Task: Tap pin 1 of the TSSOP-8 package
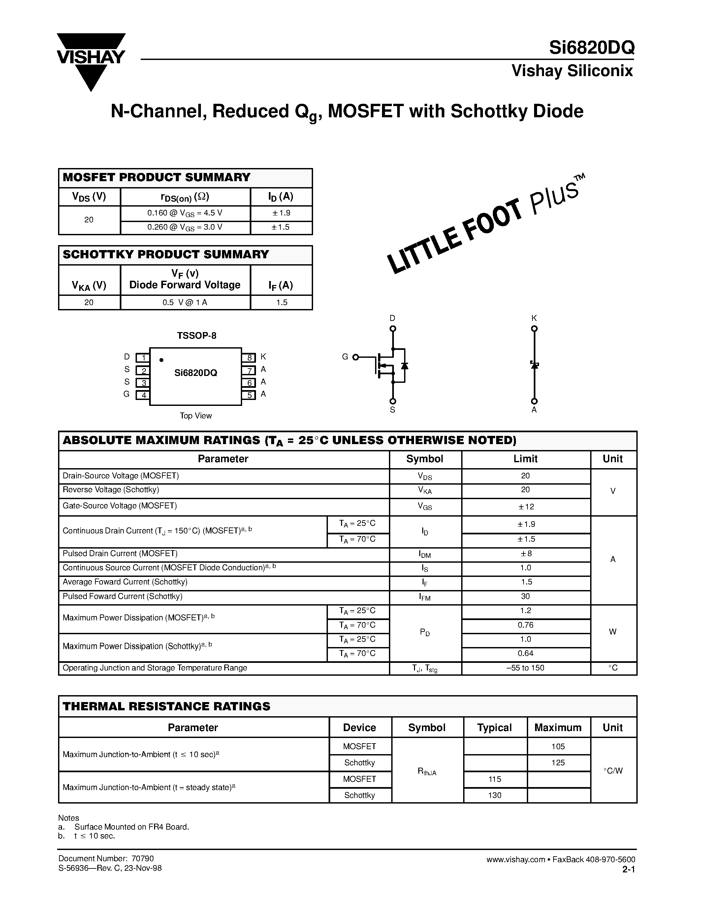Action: (x=143, y=357)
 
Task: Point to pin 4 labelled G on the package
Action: (x=143, y=395)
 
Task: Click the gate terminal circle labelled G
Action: (x=356, y=357)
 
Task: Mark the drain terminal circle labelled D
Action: (x=393, y=328)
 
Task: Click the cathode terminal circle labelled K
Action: (x=534, y=328)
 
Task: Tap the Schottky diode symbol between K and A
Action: (x=534, y=365)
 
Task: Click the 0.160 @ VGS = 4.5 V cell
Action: (x=185, y=213)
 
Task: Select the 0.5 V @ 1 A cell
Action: (x=185, y=302)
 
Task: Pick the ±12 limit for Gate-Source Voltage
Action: (x=526, y=506)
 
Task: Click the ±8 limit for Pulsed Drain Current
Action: (x=526, y=554)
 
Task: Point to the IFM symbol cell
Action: (x=425, y=597)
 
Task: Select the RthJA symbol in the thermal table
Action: (x=427, y=771)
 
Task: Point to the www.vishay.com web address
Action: (x=515, y=860)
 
